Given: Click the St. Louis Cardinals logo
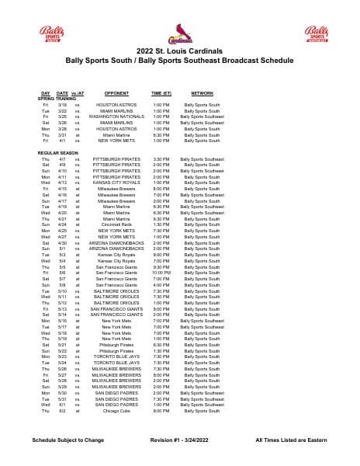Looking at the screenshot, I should pos(180,33).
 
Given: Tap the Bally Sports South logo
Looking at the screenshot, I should pos(50,34).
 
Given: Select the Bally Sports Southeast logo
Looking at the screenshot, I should pos(315,34).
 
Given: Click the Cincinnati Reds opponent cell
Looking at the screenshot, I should pos(116,224).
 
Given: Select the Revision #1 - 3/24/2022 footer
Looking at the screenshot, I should pos(179,440).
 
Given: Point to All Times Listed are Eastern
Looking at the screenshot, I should pos(293,440).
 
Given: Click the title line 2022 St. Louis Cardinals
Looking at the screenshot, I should pos(180,50).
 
